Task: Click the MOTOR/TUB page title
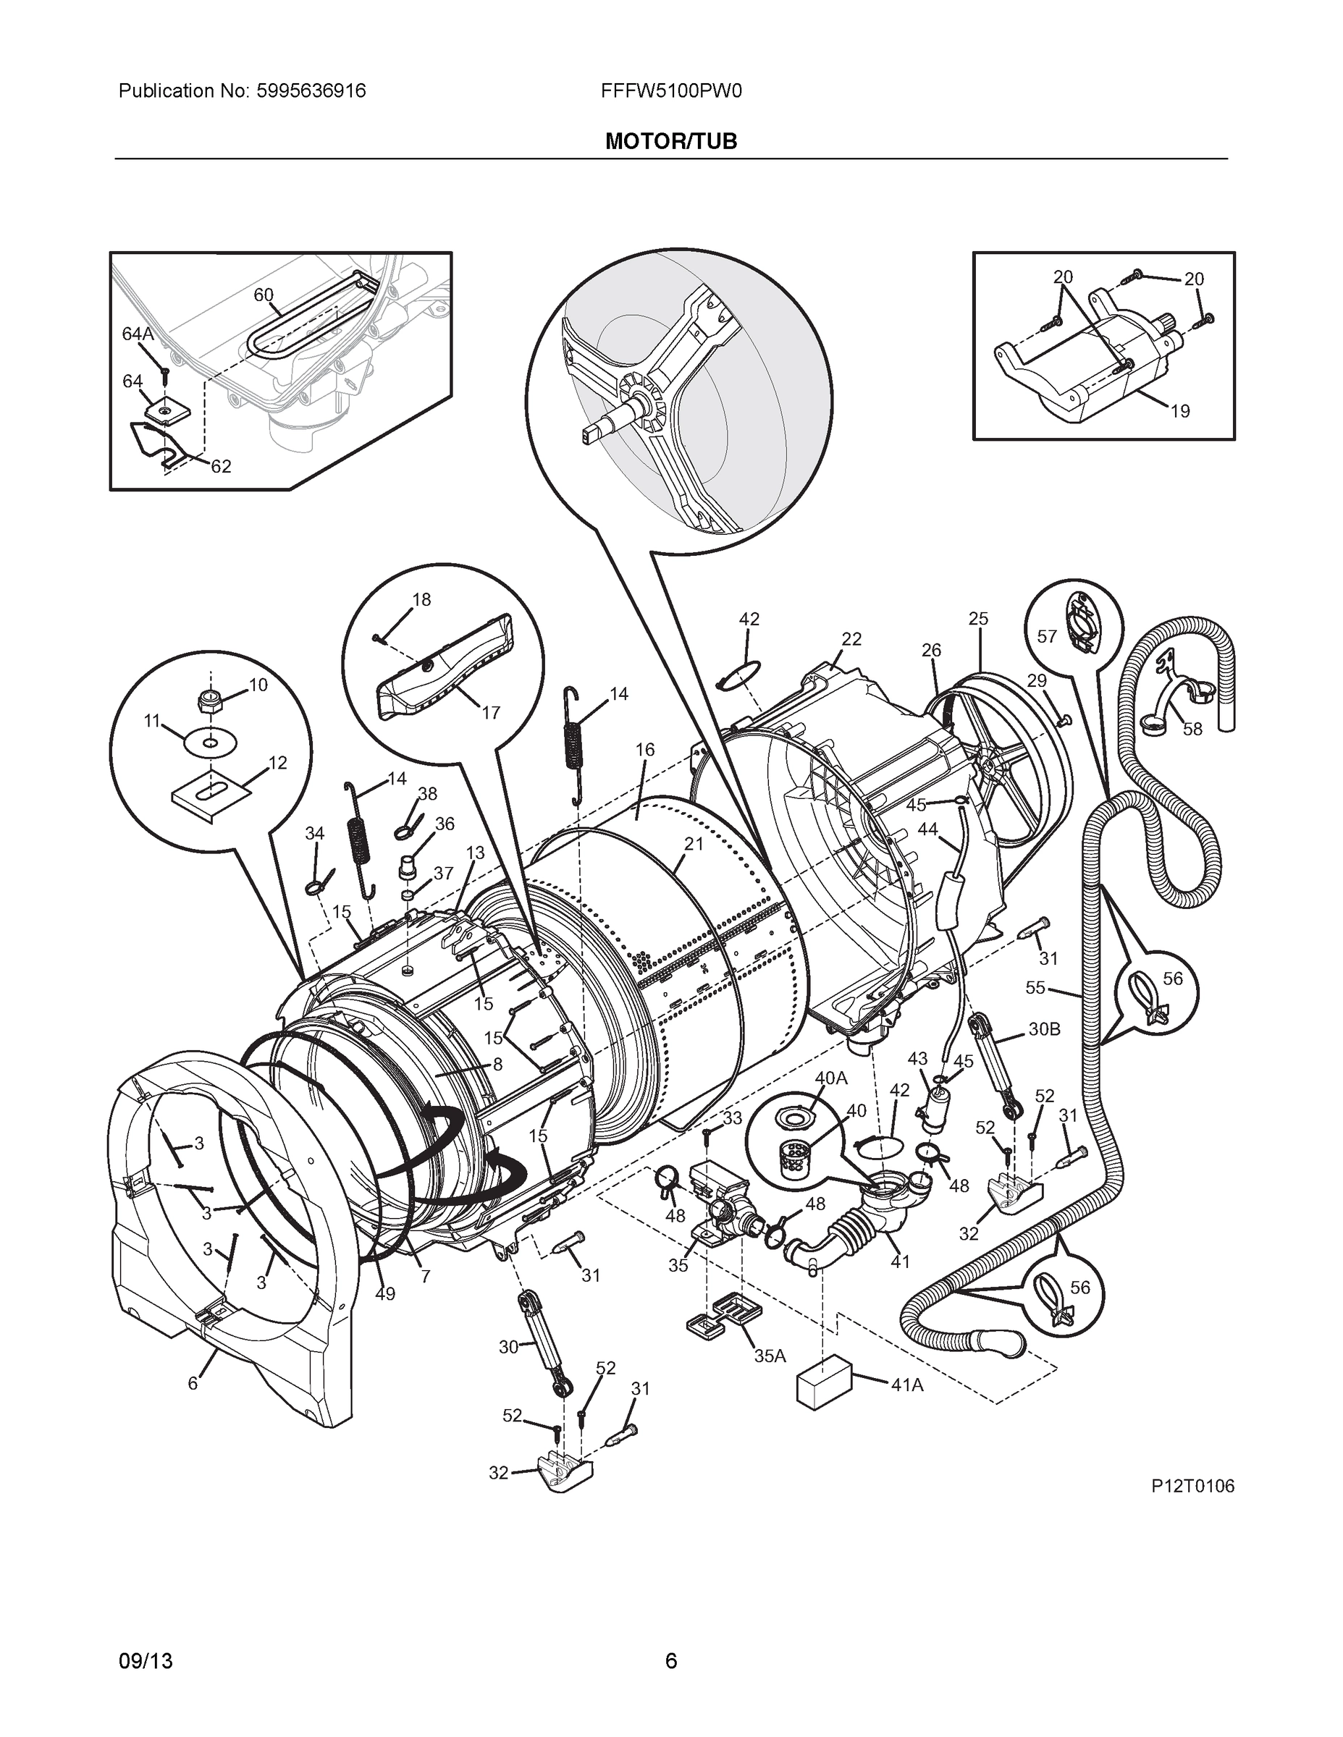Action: (670, 142)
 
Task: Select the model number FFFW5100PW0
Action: (672, 91)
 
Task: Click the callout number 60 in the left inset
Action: (264, 295)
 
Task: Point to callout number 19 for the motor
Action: (1180, 411)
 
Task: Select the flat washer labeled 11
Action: (210, 743)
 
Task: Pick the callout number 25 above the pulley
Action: (978, 618)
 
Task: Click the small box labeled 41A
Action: (823, 1388)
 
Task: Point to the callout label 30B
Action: (1044, 1029)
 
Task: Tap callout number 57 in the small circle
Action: (1047, 636)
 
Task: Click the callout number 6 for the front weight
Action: (193, 1383)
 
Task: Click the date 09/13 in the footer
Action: (146, 1639)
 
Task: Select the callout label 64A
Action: (138, 335)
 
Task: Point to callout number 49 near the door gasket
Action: (385, 1294)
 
